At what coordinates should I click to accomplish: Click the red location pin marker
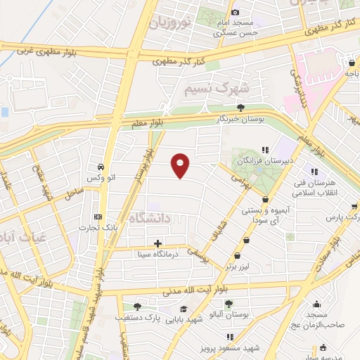(181, 165)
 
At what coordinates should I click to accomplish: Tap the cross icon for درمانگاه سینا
(157, 243)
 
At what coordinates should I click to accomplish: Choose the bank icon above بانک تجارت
(98, 217)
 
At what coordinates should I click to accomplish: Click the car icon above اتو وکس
(103, 167)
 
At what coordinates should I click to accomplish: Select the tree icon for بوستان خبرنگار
(241, 108)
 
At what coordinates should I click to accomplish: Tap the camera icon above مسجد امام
(235, 11)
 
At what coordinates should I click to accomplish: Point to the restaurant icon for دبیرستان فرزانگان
(265, 150)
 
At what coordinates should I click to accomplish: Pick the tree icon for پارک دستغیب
(136, 307)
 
